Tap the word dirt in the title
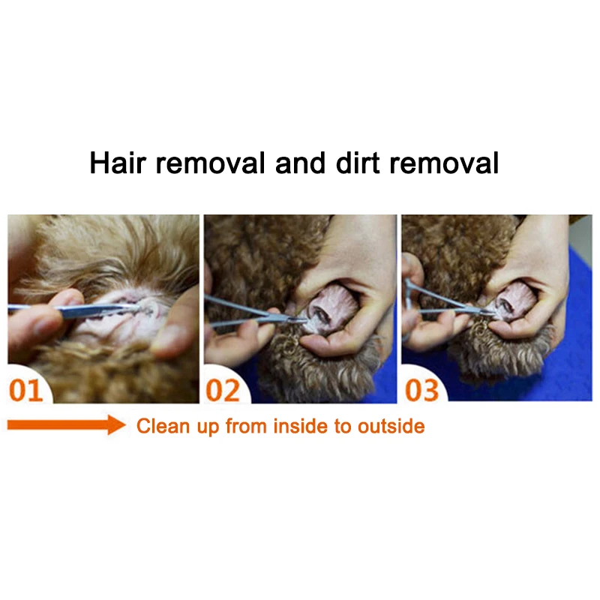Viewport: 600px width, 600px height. point(352,163)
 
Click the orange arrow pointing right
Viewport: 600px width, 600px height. point(66,426)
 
